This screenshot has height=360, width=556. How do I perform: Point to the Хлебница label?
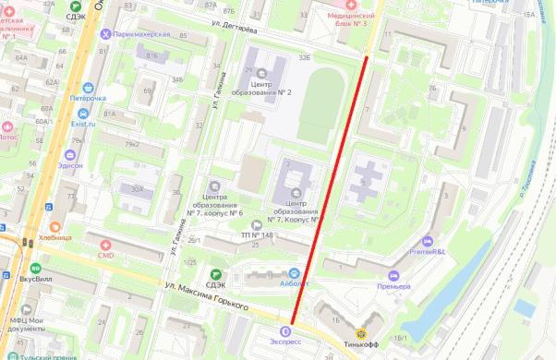coord(55,237)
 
